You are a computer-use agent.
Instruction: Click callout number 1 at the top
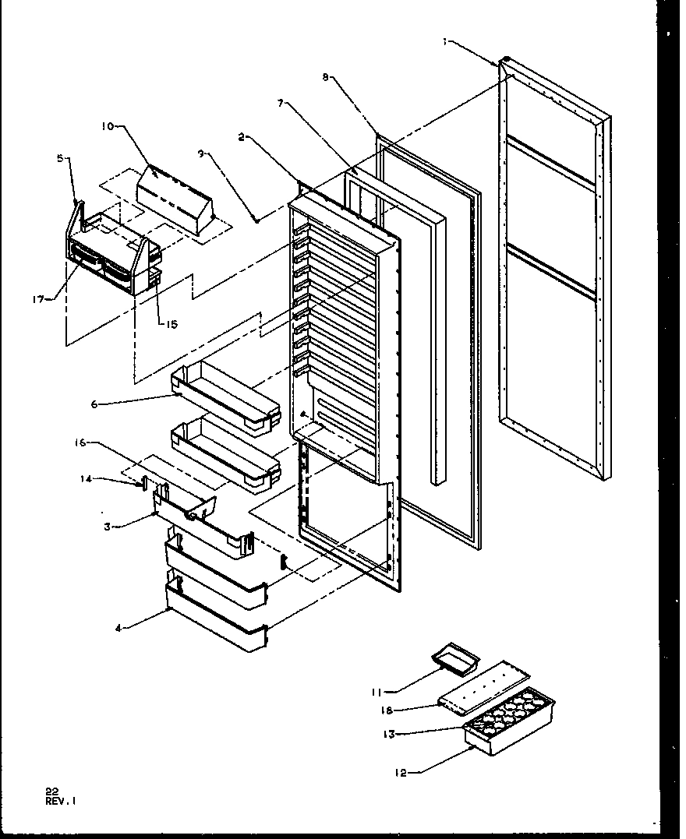(x=445, y=43)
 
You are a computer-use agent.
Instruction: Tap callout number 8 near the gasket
(x=326, y=76)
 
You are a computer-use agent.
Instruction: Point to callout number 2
(x=242, y=137)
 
